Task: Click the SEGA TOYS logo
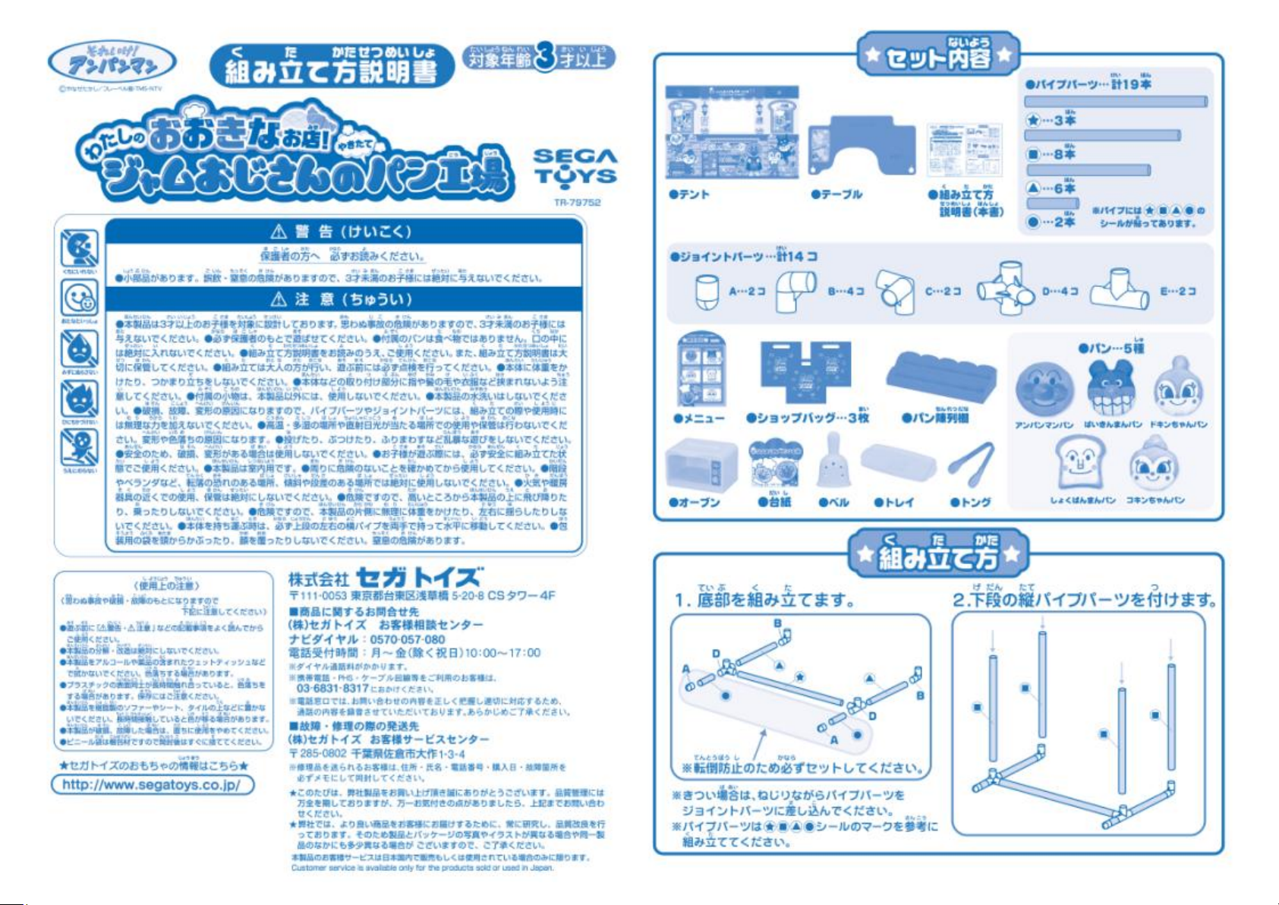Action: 575,167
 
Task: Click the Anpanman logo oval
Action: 112,62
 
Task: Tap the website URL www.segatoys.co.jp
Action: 152,784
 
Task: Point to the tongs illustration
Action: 972,465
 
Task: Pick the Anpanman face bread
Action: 1044,389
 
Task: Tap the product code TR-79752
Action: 577,203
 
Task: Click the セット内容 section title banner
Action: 938,55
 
